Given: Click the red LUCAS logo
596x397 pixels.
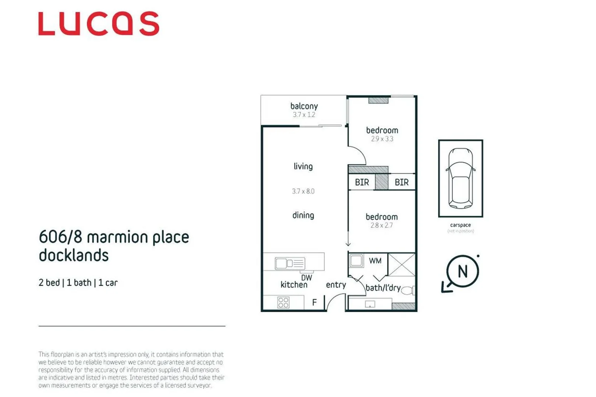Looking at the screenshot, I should (99, 24).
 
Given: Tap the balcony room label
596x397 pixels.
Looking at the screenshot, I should (304, 106).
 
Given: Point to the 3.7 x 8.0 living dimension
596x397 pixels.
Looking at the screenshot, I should (303, 191).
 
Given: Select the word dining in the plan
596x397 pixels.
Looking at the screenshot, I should (303, 215).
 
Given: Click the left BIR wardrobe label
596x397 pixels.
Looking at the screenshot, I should (362, 182).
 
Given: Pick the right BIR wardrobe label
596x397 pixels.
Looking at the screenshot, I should (401, 182).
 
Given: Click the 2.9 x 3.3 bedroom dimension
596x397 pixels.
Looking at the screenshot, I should (382, 139).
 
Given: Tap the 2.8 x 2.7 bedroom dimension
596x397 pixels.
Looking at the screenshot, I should (381, 225).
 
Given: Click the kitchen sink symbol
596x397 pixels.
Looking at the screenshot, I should (290, 263).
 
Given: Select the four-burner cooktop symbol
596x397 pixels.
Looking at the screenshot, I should (283, 303).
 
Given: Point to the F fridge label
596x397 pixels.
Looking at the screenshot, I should (314, 303).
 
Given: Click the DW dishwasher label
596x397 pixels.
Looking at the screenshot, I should (306, 278).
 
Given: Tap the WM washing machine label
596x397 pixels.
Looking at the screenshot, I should (375, 261).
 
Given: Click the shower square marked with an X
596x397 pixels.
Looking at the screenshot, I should (402, 264).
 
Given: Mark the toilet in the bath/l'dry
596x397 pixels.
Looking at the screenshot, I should (408, 290).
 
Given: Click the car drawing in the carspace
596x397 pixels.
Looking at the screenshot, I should (460, 178).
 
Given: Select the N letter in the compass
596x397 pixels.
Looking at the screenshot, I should (462, 272).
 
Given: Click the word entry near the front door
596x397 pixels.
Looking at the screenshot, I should (336, 285).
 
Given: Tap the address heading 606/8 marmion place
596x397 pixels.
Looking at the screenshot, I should (114, 237).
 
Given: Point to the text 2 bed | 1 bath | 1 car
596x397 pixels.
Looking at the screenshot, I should (78, 283).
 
